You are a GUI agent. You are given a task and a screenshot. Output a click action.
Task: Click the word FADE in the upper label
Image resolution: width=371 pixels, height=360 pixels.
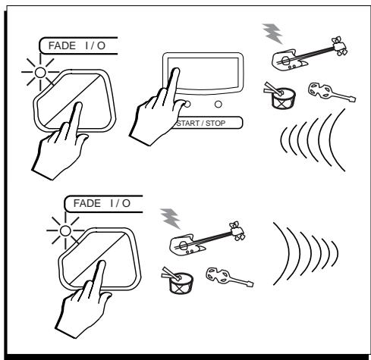[x=62, y=45]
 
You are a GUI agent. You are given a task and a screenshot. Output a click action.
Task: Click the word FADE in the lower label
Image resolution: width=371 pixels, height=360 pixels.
[x=87, y=203]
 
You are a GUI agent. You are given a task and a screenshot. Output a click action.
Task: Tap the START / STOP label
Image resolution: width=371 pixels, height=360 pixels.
[x=201, y=124]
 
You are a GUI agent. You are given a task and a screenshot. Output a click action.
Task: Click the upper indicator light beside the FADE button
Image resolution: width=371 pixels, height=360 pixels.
[x=40, y=73]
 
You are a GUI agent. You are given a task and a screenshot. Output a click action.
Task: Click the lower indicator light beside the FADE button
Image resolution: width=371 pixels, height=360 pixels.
[x=65, y=231]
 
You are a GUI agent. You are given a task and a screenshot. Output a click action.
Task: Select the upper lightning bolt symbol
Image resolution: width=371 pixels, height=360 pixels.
[x=272, y=33]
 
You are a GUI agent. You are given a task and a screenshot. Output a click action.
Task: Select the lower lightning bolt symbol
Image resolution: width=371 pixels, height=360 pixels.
[x=171, y=218]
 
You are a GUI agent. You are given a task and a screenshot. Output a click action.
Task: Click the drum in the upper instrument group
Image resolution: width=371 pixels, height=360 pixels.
[x=283, y=98]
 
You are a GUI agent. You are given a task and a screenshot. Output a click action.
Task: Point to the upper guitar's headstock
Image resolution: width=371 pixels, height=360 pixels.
[x=339, y=46]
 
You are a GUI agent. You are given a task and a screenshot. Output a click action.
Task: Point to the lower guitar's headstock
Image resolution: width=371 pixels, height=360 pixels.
[x=237, y=231]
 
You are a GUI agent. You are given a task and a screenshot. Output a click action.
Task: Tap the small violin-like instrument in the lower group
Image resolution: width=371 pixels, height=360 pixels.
[x=229, y=277]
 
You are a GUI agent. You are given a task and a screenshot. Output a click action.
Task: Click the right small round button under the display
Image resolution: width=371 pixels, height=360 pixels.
[x=219, y=104]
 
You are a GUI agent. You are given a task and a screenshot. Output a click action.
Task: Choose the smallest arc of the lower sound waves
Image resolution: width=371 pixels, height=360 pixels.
[x=336, y=254]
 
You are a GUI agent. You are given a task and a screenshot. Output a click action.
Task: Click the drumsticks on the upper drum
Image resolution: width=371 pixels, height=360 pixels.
[x=273, y=89]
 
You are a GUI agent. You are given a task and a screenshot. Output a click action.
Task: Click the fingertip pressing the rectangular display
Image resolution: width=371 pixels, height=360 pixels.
[x=176, y=71]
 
